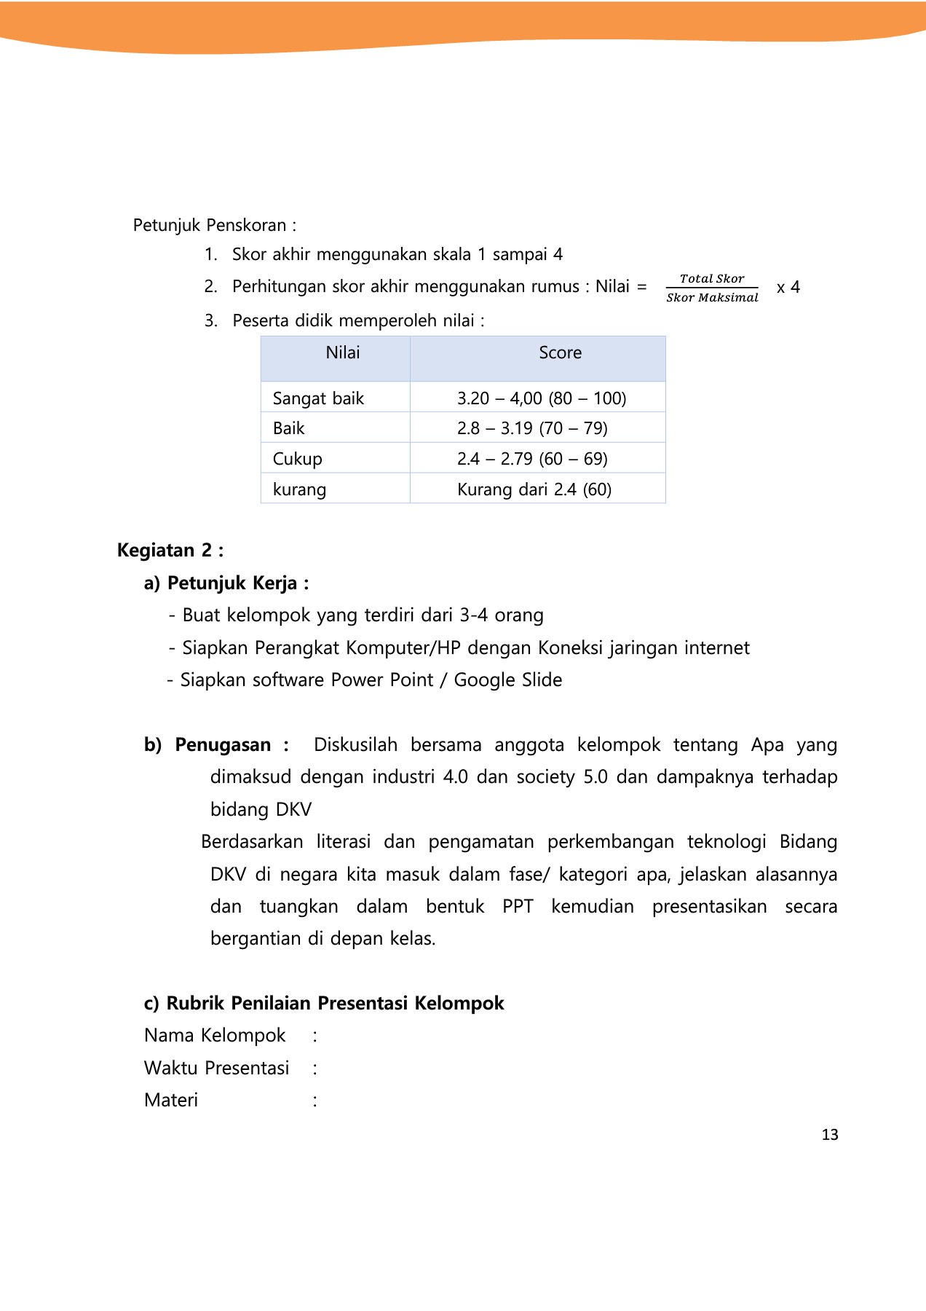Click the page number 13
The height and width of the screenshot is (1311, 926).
point(829,1135)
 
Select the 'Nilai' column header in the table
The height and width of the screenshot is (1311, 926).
point(342,353)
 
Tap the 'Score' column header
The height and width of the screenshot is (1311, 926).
point(560,353)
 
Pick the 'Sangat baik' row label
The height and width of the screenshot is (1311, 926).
point(318,398)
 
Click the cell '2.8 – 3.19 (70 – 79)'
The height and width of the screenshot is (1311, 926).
point(532,428)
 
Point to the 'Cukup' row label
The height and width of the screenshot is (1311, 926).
point(297,459)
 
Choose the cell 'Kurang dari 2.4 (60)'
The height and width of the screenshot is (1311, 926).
point(534,489)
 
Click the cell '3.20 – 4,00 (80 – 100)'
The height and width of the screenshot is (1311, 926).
point(541,398)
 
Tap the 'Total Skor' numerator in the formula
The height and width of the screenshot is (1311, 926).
point(711,278)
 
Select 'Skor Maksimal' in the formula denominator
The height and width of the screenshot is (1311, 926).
point(711,297)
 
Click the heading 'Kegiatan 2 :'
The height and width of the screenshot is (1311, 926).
point(170,550)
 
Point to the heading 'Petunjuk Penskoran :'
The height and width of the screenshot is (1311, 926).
point(214,225)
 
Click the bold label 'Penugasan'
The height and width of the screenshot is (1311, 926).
point(223,745)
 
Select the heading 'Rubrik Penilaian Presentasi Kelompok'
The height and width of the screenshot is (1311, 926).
point(335,1003)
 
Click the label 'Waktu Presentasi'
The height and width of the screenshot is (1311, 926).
point(216,1068)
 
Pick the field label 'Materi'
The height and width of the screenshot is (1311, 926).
point(171,1100)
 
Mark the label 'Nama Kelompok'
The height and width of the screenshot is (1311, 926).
point(215,1036)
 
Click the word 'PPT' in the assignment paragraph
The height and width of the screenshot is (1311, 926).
point(518,907)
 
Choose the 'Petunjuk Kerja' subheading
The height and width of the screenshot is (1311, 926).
point(232,583)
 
